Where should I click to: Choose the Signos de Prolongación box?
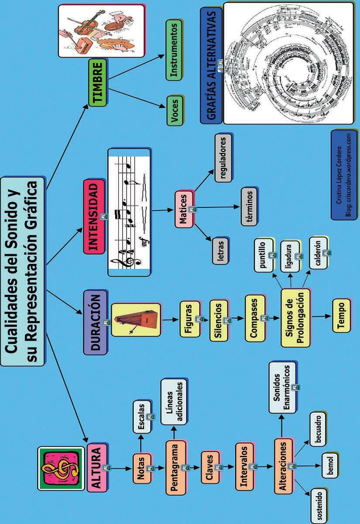[295, 317]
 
